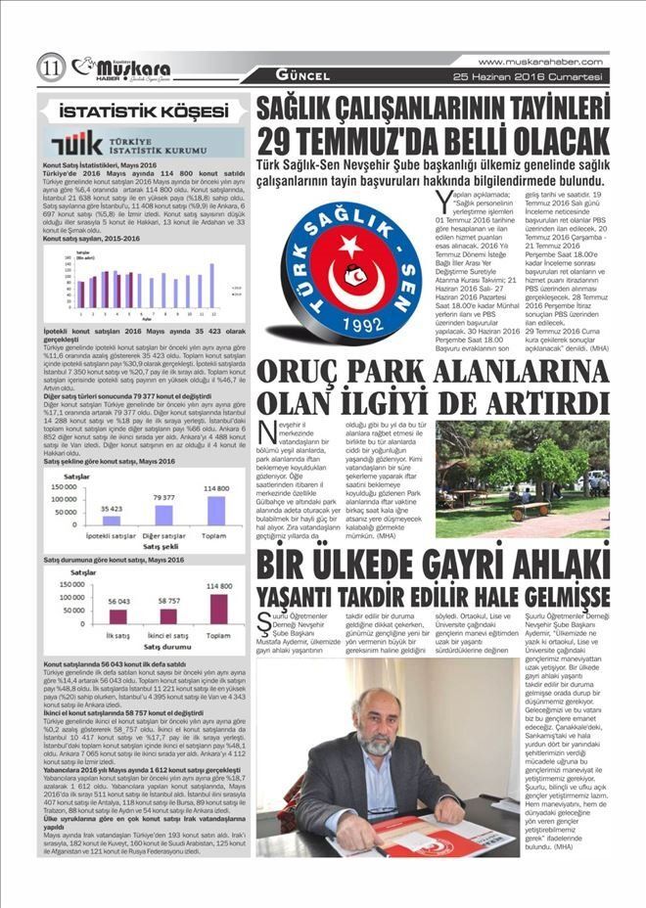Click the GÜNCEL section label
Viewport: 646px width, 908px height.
pos(301,75)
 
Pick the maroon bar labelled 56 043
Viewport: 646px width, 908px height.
pos(117,615)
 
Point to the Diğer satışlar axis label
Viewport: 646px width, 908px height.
pos(163,536)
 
